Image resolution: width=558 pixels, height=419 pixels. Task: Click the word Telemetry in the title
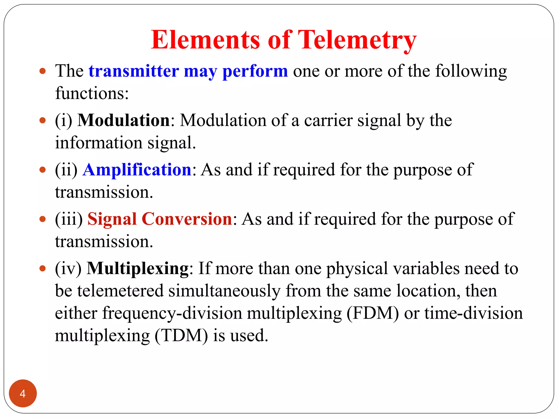click(357, 40)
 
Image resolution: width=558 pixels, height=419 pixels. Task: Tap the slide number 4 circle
click(23, 393)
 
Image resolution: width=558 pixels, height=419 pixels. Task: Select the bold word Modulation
click(124, 120)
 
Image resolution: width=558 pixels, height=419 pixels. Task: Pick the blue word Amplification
click(137, 170)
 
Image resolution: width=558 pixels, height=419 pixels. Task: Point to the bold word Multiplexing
click(138, 268)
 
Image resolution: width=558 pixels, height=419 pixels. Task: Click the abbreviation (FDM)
click(372, 313)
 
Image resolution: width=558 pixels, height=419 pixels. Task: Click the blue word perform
click(255, 71)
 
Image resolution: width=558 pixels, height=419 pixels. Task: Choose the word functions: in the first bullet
click(92, 93)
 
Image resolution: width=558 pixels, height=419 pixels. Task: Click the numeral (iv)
click(68, 268)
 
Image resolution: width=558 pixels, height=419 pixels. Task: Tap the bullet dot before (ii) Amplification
click(43, 170)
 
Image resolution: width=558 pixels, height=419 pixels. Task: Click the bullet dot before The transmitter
click(43, 71)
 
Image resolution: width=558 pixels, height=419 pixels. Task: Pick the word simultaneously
click(224, 291)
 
